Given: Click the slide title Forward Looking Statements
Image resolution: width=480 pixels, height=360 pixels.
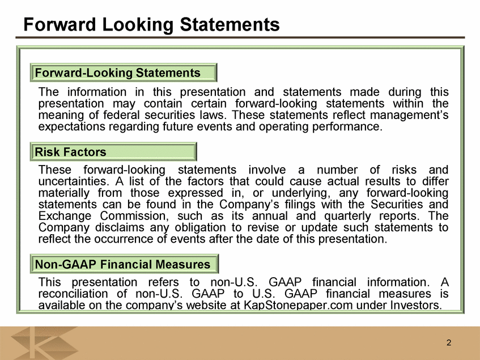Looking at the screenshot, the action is tap(151, 24).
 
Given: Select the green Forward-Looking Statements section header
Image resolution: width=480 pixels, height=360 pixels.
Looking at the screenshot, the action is tap(124, 73).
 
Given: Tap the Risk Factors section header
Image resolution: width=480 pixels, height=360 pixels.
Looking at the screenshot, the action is tap(113, 151).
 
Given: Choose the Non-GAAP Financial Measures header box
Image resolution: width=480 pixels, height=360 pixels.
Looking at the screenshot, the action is tap(124, 264).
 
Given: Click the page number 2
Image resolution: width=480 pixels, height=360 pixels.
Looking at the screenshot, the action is tap(449, 342).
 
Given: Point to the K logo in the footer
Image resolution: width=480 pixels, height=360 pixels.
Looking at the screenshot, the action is tap(44, 343).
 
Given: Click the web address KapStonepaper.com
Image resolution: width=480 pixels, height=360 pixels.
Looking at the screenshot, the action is tap(298, 305).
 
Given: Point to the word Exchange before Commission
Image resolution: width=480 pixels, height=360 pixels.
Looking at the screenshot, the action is tap(65, 216).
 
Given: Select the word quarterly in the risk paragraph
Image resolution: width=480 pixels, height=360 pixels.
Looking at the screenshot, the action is tap(347, 217).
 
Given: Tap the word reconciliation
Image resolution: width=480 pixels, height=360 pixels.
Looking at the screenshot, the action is tap(73, 294).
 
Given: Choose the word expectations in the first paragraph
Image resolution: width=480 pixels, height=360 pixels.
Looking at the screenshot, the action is tap(71, 127).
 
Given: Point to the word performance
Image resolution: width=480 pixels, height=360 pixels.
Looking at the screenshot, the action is tap(347, 127).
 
